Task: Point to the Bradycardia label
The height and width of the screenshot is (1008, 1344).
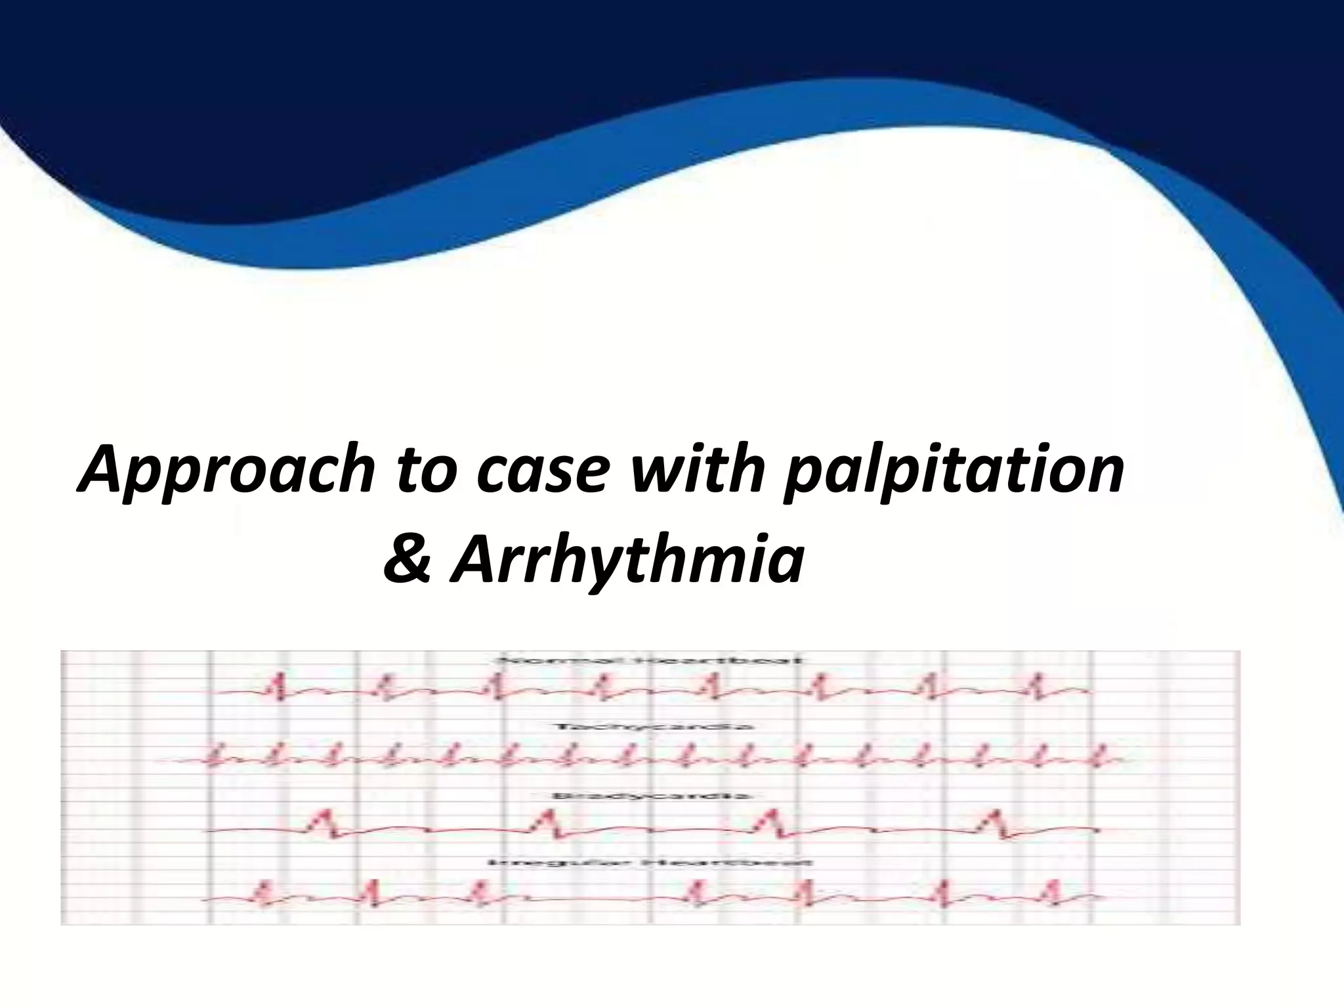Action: tap(650, 795)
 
